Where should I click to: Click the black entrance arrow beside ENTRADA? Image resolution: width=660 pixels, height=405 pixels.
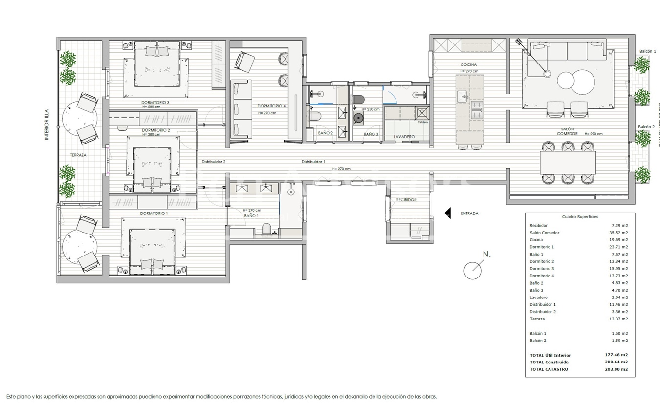point(447,213)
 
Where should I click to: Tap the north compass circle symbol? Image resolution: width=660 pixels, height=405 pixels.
point(472,270)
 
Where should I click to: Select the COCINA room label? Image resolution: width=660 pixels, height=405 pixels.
point(468,64)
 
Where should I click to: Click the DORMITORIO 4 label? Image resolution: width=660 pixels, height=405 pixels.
point(271,106)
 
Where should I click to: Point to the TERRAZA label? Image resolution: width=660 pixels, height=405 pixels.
point(78,155)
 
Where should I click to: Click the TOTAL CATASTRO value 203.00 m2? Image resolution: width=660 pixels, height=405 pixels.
point(616,369)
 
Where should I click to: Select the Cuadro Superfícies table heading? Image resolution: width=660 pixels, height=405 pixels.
point(580,217)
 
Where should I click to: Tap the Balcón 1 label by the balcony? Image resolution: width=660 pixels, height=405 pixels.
point(647,51)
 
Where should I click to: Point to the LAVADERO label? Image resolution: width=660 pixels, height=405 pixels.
point(404,137)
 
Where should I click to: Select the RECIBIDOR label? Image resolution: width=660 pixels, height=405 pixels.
point(406,200)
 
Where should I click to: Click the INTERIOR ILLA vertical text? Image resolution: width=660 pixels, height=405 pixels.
point(47,125)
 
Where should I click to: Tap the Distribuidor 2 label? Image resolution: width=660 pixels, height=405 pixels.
point(214,162)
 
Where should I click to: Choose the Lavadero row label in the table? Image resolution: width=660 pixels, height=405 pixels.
point(538,298)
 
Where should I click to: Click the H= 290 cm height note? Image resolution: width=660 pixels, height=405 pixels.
point(592,134)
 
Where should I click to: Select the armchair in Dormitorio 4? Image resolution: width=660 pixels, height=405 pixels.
point(244,61)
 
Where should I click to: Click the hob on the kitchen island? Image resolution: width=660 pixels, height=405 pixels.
point(476,110)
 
